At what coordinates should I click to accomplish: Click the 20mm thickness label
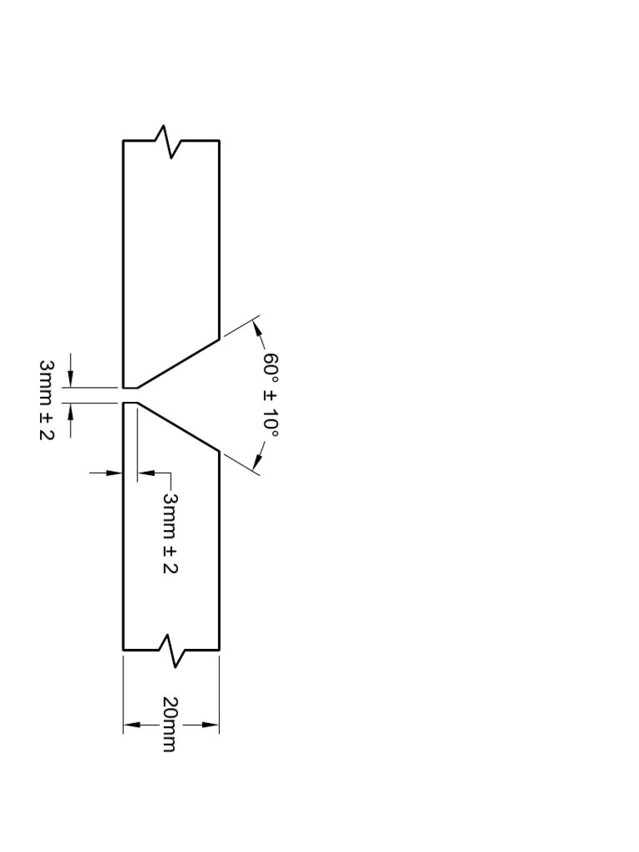(170, 724)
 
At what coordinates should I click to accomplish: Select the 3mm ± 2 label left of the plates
(47, 399)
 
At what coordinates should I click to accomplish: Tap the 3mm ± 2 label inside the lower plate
(170, 533)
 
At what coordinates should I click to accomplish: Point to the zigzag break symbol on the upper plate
(171, 141)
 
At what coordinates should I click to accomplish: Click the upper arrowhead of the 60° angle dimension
(257, 328)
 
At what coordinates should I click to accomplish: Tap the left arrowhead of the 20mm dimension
(132, 725)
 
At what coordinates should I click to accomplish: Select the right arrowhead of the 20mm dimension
(211, 725)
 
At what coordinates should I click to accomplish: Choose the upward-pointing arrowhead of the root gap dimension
(70, 412)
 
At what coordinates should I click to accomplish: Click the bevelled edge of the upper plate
(178, 364)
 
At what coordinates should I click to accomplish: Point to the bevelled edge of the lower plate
(178, 427)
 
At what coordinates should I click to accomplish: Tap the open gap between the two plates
(130, 395)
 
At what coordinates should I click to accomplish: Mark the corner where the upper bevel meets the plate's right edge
(219, 339)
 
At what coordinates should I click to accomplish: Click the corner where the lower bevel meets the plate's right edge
(219, 452)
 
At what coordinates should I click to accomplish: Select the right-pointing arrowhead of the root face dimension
(114, 473)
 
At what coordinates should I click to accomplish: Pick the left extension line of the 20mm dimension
(123, 695)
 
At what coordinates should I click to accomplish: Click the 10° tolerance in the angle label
(271, 422)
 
